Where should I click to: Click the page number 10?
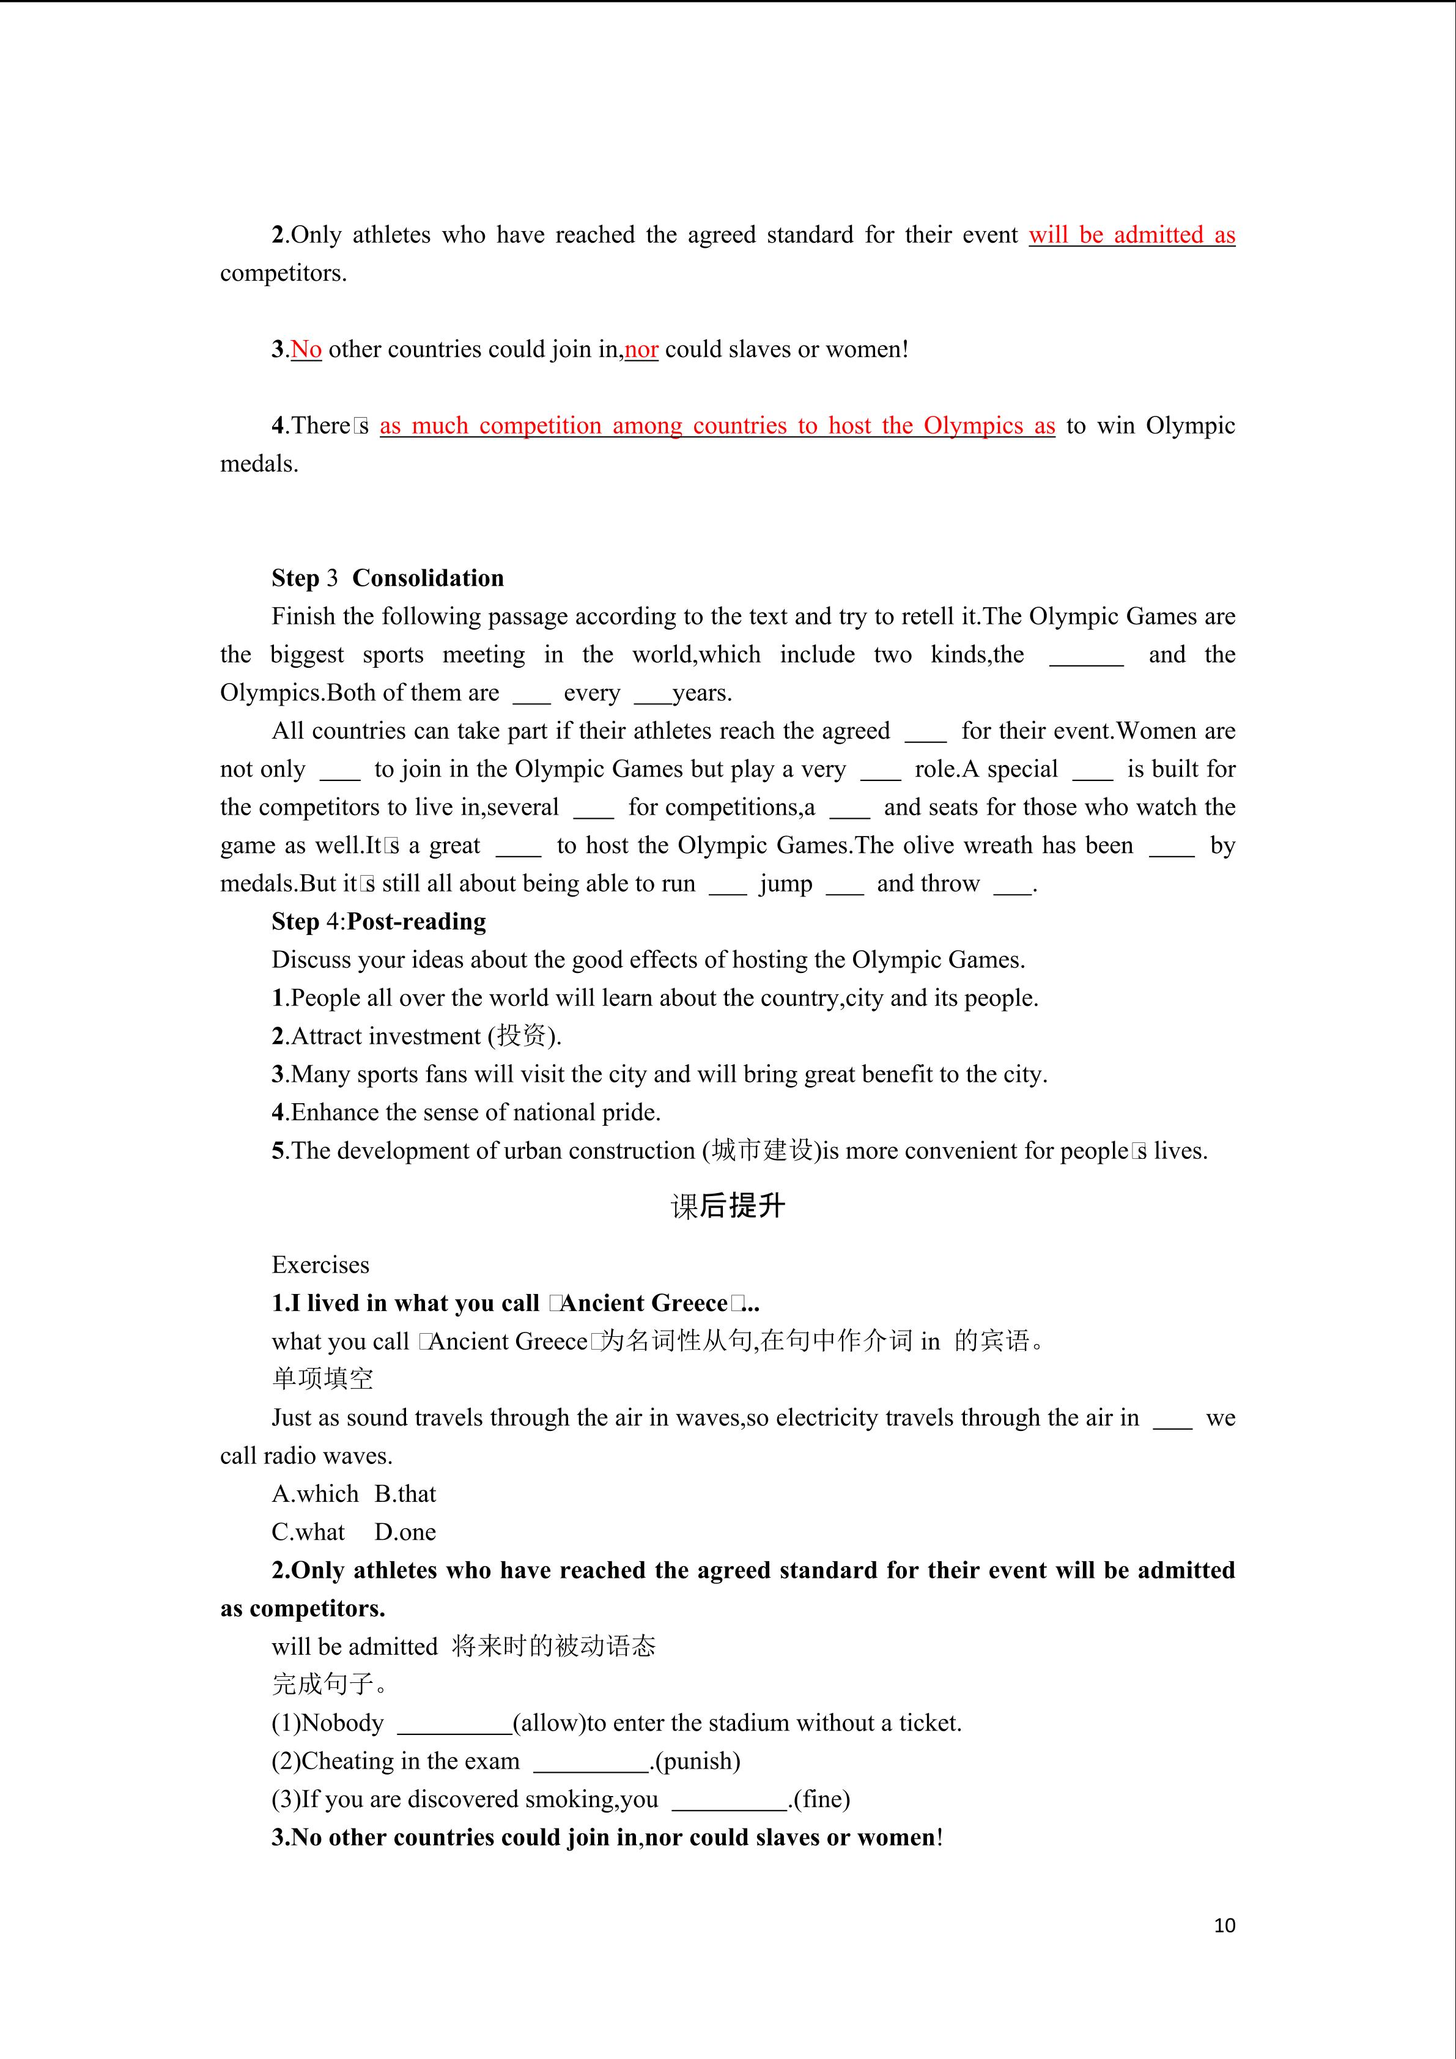point(1224,1924)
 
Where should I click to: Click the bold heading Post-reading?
point(417,921)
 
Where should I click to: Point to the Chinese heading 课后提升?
point(727,1206)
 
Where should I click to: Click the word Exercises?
point(320,1265)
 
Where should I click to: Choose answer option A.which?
point(315,1494)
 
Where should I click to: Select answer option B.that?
point(405,1494)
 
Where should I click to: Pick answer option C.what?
point(308,1532)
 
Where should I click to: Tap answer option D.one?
point(405,1532)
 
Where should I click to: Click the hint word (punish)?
point(698,1761)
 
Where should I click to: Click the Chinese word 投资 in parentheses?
point(522,1036)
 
